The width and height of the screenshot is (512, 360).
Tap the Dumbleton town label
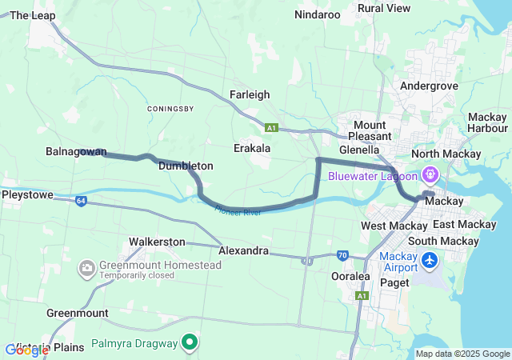(x=186, y=166)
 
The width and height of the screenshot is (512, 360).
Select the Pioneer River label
(x=238, y=212)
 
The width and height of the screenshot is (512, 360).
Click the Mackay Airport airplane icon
(x=430, y=261)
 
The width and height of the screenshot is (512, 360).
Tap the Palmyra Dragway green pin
(x=190, y=343)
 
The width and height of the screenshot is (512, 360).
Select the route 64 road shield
(x=82, y=201)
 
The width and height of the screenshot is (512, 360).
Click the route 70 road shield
(x=342, y=256)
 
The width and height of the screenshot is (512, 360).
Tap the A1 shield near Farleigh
(x=272, y=127)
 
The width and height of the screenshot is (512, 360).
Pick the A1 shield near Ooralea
(x=362, y=296)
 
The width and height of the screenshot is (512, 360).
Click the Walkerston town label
(x=157, y=242)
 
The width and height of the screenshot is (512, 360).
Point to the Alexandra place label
(x=243, y=250)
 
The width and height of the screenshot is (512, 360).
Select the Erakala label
(x=252, y=148)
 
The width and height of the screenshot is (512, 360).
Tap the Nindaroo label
(x=318, y=14)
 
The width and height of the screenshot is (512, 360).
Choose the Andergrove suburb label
(x=429, y=86)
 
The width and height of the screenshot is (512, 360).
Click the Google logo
(x=27, y=350)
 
